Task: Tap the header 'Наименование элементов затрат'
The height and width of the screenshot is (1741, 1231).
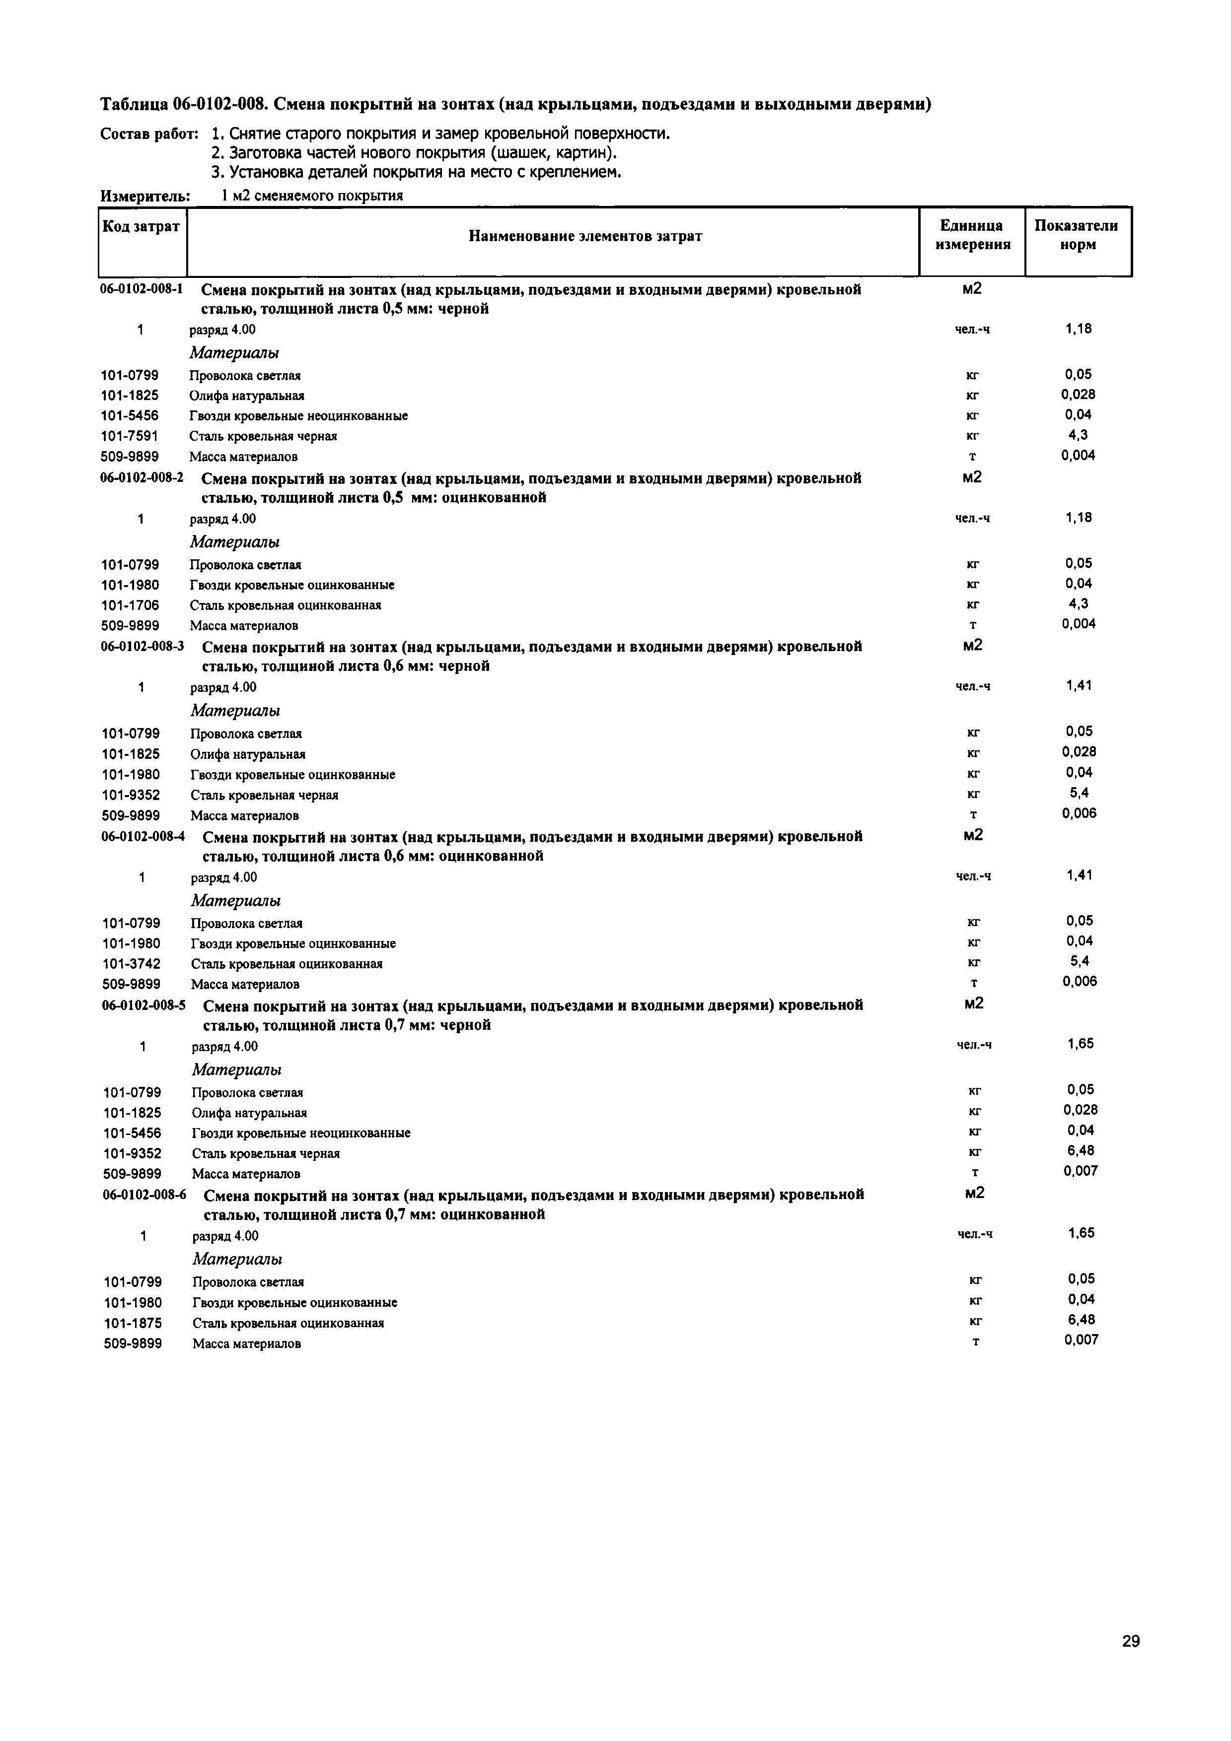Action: point(585,237)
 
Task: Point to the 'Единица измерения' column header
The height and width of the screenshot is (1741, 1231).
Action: point(972,235)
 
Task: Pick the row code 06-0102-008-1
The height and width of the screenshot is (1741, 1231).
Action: point(142,289)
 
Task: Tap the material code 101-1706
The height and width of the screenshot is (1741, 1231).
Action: point(131,605)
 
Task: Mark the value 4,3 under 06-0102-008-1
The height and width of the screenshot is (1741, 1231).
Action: point(1078,435)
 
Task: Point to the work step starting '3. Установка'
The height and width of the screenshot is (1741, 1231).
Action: point(416,172)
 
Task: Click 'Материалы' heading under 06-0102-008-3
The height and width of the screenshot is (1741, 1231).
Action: point(235,711)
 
